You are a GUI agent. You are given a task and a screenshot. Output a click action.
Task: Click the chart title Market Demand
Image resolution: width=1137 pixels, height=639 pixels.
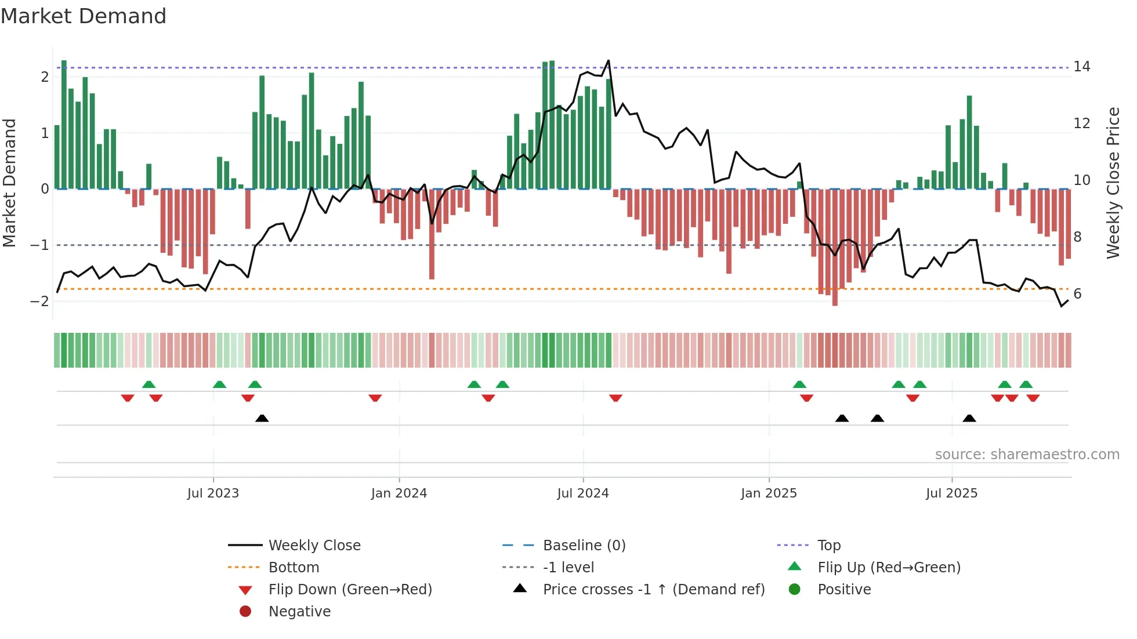tap(84, 16)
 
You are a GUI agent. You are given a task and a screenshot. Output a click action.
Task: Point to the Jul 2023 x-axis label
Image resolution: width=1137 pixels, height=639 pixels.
tap(213, 493)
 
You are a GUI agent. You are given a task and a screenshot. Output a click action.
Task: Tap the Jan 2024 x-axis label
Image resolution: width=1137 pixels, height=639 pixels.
tap(399, 493)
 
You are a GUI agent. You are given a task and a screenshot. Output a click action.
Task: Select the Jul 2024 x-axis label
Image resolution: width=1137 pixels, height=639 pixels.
tap(583, 493)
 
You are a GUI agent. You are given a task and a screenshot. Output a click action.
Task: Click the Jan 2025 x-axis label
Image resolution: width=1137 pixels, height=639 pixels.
tap(769, 493)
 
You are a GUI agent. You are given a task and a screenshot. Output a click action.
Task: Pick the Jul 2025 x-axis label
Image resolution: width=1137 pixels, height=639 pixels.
tap(951, 493)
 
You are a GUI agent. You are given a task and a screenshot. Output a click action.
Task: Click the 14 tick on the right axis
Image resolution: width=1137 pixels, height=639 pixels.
tap(1082, 67)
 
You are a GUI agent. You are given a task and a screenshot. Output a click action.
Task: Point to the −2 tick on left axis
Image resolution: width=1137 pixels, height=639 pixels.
tap(40, 301)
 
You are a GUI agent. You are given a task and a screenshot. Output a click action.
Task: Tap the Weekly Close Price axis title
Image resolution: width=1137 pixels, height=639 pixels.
tap(1113, 183)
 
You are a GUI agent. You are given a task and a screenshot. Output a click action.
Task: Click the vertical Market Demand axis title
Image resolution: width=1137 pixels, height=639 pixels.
tap(9, 183)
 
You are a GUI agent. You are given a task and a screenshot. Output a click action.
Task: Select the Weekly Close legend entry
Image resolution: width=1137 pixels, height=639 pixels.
tap(314, 546)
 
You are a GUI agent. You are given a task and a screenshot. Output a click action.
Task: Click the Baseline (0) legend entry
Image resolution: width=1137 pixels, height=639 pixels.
tap(584, 546)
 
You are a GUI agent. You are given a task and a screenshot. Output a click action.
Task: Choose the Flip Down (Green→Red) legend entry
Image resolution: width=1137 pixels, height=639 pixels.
tap(350, 590)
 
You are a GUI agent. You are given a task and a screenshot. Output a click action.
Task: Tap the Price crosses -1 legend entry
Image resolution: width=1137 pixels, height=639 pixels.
tap(653, 590)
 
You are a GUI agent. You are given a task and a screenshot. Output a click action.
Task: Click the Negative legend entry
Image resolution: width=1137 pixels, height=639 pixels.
tap(299, 612)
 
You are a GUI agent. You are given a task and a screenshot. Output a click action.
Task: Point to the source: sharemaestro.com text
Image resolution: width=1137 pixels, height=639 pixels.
tap(1027, 455)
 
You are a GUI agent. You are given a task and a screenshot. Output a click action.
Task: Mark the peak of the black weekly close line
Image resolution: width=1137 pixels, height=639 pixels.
tap(608, 60)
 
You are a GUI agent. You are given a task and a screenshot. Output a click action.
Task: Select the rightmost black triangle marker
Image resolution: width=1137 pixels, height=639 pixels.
tap(969, 418)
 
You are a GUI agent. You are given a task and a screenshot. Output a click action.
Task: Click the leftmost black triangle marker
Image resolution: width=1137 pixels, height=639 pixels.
tap(262, 418)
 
